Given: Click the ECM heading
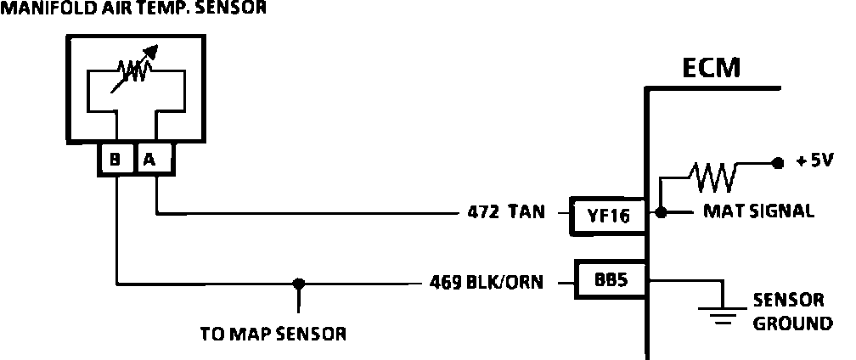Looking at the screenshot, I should (x=711, y=68).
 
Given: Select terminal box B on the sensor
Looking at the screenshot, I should (x=115, y=159).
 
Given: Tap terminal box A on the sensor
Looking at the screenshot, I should (x=154, y=159).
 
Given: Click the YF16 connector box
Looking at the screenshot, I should (x=608, y=216).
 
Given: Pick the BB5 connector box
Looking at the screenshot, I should (x=610, y=279).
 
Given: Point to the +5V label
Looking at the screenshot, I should (x=815, y=160).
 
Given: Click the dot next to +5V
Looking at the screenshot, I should (x=775, y=162).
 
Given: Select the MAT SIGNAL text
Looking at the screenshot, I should (x=758, y=211).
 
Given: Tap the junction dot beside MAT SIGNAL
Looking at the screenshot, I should (x=662, y=212).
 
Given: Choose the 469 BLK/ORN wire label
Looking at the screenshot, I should (x=487, y=282).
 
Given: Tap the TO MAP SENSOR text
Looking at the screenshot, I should (x=273, y=334).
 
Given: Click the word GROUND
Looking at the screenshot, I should (x=793, y=323).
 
